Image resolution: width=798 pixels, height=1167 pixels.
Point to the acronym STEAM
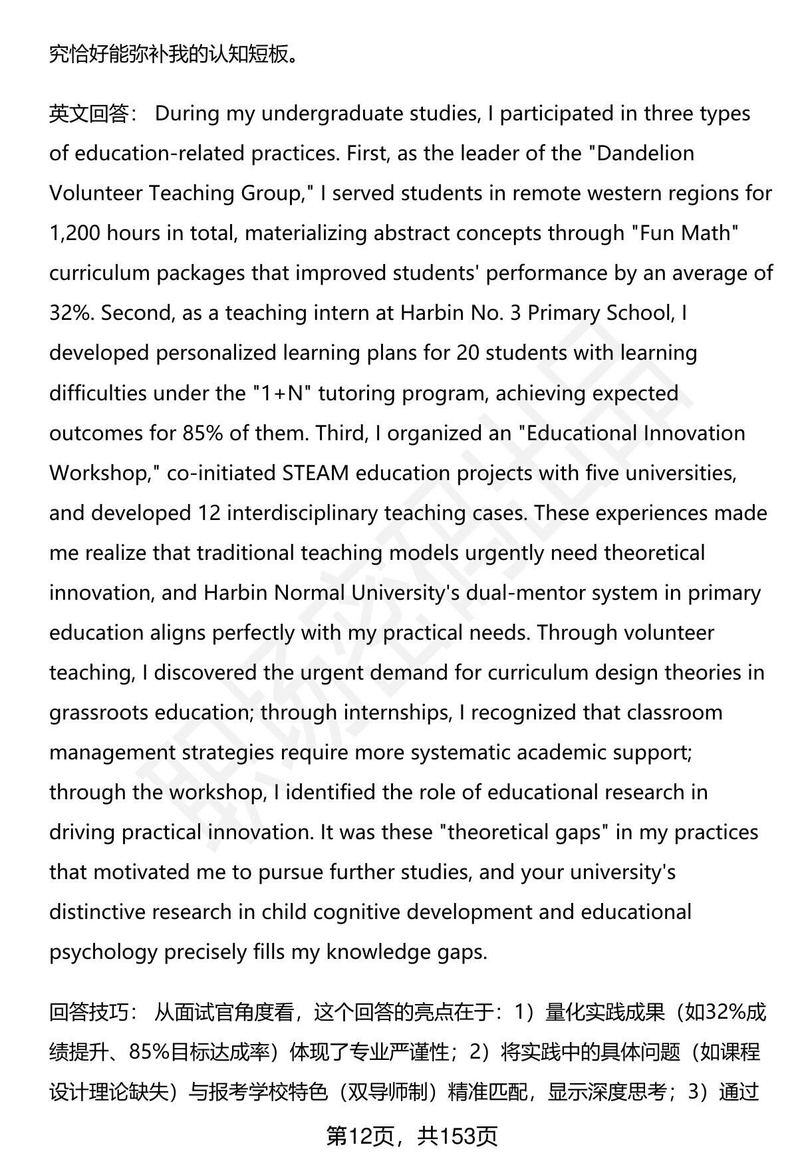tap(315, 473)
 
